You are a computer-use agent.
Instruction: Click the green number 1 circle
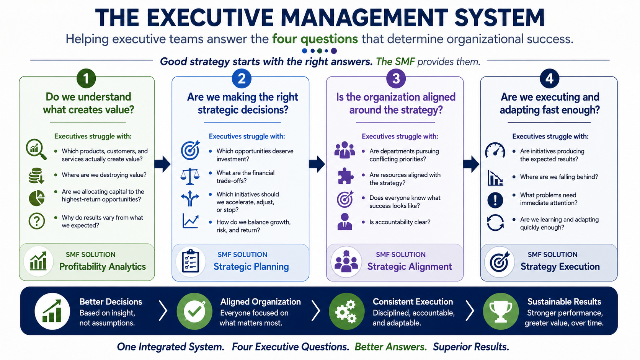(86, 78)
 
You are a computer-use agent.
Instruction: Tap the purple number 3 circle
(396, 78)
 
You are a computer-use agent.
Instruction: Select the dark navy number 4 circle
(549, 78)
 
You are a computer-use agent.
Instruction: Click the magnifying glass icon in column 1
(36, 149)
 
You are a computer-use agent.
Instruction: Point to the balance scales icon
(190, 176)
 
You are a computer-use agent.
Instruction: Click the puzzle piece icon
(345, 176)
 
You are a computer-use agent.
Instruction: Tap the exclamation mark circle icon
(495, 200)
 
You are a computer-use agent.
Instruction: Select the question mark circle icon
(37, 221)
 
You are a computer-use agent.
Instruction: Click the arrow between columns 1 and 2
(163, 164)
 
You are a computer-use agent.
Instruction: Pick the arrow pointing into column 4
(471, 164)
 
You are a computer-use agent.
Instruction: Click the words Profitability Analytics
(102, 267)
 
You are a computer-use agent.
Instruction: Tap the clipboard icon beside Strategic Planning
(191, 261)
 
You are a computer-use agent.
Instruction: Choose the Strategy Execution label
(560, 267)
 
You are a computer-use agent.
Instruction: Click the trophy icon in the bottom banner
(501, 311)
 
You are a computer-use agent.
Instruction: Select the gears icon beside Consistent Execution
(346, 311)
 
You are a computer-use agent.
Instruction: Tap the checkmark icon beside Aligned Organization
(194, 311)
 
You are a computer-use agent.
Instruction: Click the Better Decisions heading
(111, 302)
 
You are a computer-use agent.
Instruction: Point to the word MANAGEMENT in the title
(364, 18)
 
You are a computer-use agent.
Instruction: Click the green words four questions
(315, 39)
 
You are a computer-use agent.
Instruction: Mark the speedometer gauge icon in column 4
(495, 150)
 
